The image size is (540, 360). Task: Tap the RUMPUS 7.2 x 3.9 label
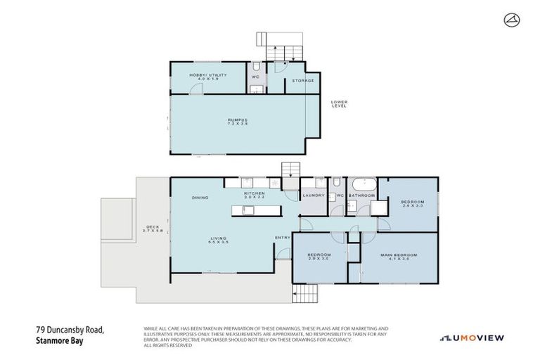pyautogui.click(x=237, y=122)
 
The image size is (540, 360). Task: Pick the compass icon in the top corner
pyautogui.click(x=512, y=20)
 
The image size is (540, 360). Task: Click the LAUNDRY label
pyautogui.click(x=312, y=195)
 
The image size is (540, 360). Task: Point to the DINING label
pyautogui.click(x=200, y=198)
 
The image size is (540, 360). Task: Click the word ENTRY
pyautogui.click(x=283, y=237)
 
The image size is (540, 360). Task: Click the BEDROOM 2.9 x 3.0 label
pyautogui.click(x=319, y=257)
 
